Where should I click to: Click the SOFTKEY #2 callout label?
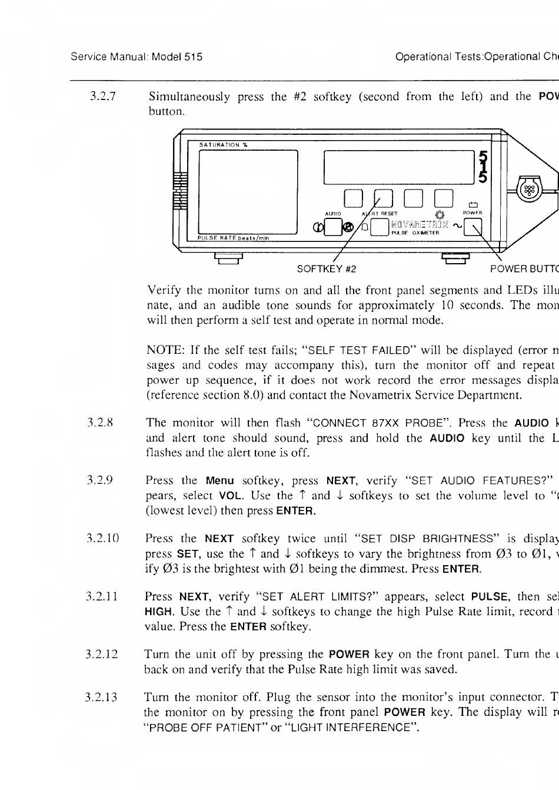pos(327,269)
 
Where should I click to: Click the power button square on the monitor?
pos(473,227)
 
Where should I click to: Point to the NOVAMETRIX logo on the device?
pos(420,224)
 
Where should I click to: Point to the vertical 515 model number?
pos(483,167)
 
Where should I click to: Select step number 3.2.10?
pos(103,539)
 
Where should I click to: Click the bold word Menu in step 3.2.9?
pos(219,480)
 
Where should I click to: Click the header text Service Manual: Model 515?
pos(137,57)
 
